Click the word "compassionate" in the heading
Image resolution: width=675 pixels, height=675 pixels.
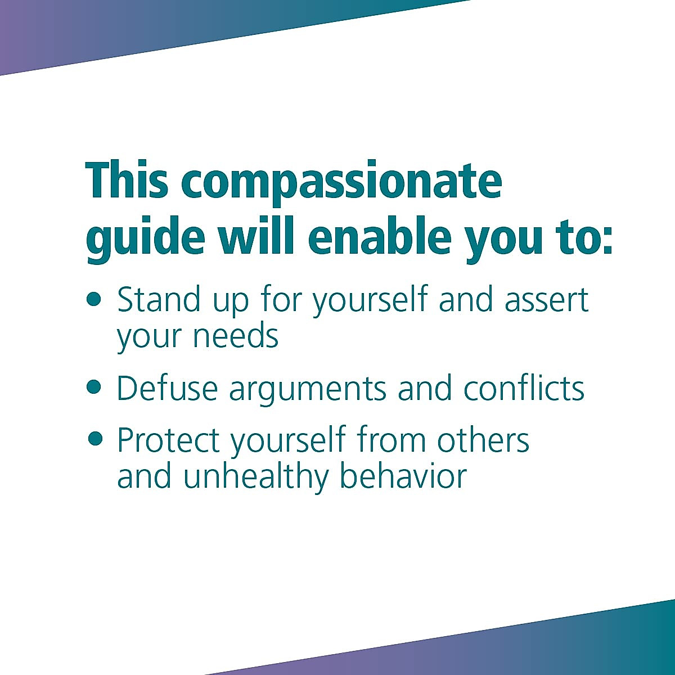click(x=341, y=181)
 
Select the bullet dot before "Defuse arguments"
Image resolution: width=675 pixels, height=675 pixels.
click(x=94, y=387)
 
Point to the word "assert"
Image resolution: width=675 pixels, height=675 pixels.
click(x=546, y=300)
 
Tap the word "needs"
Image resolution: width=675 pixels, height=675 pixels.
click(x=236, y=336)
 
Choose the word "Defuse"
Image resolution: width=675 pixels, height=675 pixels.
click(x=167, y=388)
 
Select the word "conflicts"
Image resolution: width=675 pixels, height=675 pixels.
click(x=524, y=388)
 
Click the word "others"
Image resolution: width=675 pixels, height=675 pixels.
click(x=483, y=439)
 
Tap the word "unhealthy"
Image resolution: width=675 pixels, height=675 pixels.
click(x=256, y=477)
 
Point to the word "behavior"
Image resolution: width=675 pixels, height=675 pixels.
click(x=403, y=476)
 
